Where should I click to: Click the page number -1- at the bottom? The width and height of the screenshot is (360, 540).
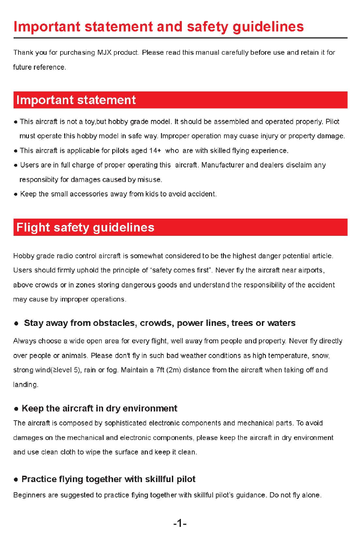pyautogui.click(x=180, y=524)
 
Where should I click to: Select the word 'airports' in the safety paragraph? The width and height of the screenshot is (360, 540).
pyautogui.click(x=310, y=271)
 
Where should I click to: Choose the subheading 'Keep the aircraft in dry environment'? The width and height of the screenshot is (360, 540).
pyautogui.click(x=99, y=409)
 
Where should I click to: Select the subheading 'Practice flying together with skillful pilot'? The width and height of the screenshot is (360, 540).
pyautogui.click(x=109, y=479)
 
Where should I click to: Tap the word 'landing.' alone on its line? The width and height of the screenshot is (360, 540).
pyautogui.click(x=26, y=384)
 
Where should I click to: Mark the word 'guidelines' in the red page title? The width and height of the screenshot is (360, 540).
pyautogui.click(x=268, y=27)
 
